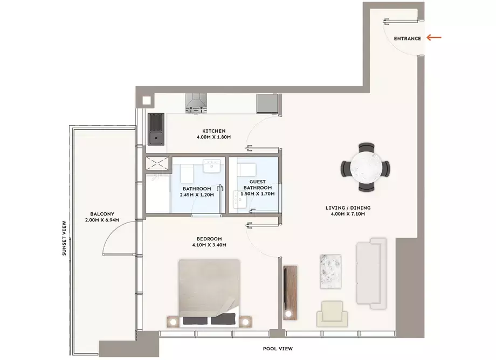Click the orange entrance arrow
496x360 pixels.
tap(433, 38)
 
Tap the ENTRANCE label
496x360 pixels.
tap(408, 39)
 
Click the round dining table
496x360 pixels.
tap(366, 168)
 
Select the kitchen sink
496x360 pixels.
tap(156, 129)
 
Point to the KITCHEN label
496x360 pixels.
tap(214, 131)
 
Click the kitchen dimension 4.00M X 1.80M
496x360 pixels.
tap(213, 137)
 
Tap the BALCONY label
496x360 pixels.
tap(102, 214)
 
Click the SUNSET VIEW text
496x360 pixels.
tap(64, 238)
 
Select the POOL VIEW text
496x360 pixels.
tap(278, 349)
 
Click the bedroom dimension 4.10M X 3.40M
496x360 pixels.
tap(209, 245)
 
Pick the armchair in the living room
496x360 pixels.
tap(332, 314)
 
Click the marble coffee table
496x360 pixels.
tap(330, 272)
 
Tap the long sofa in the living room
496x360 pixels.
tap(371, 274)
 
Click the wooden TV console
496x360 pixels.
tap(290, 293)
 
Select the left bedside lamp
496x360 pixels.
tap(173, 322)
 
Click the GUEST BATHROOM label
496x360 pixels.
tap(258, 185)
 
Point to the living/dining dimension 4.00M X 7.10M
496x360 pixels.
tap(348, 214)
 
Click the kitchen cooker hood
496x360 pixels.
tap(196, 103)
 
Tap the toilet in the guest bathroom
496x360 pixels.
tap(246, 170)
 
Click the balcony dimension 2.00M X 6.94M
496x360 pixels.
tap(102, 220)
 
